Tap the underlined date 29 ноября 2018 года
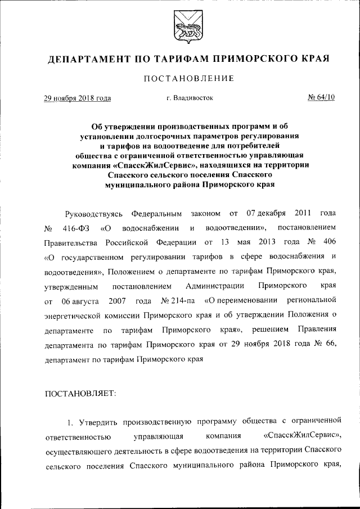pos(78,98)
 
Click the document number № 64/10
pos(321,98)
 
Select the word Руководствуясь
pos(92,214)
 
